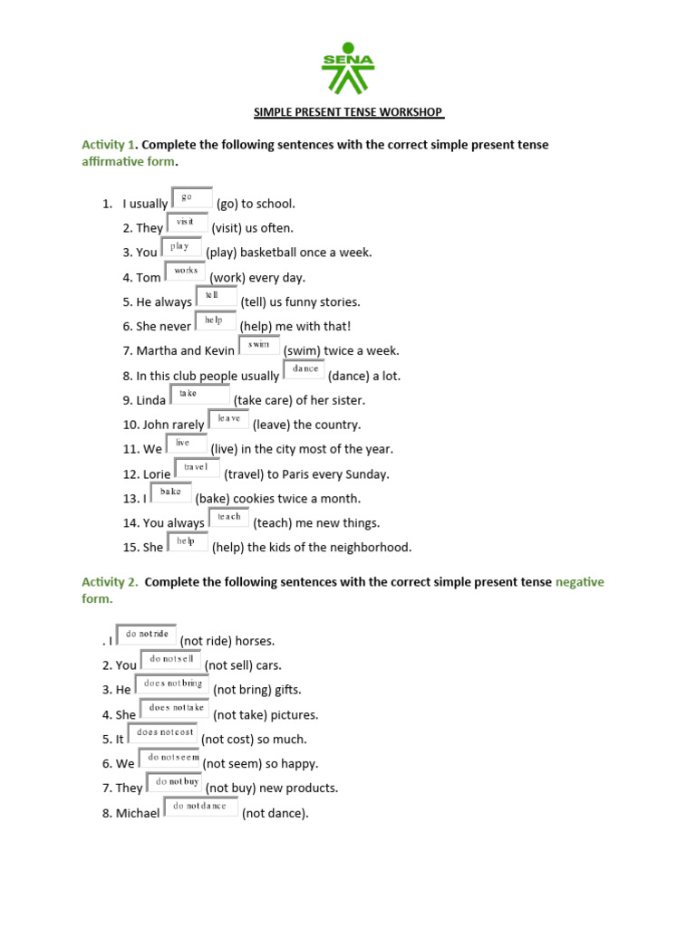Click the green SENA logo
(x=347, y=68)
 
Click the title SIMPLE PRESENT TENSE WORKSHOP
(x=348, y=113)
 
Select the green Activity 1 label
(x=108, y=145)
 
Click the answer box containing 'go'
(x=192, y=197)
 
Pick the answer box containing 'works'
(x=186, y=271)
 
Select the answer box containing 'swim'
(x=259, y=345)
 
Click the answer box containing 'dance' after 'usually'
(x=304, y=369)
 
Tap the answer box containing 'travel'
(x=197, y=467)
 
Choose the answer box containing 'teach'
(x=229, y=517)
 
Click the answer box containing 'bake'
(x=171, y=492)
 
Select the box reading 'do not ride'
(x=147, y=635)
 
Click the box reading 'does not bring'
(x=172, y=684)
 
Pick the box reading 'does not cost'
(x=162, y=732)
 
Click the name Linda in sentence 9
(x=151, y=400)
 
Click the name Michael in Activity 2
(x=138, y=814)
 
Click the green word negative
(x=579, y=582)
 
